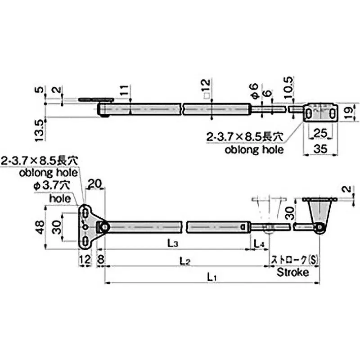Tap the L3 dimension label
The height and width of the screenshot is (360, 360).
point(172,243)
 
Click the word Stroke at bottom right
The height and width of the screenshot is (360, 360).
point(292,273)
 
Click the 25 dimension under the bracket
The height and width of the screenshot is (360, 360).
point(320,133)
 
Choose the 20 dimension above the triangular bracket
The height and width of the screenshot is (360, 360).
point(95,183)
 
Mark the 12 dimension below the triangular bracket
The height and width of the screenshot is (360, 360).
point(84,260)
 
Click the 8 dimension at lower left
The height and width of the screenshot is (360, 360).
point(99,260)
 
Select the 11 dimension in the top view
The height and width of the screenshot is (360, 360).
point(124,92)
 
